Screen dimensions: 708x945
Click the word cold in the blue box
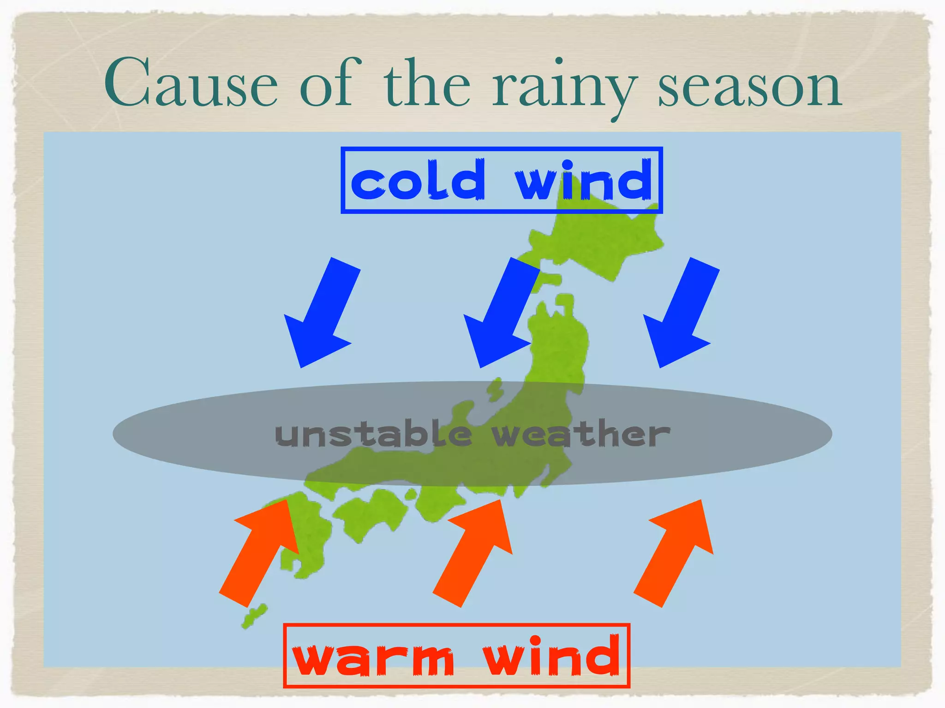[x=418, y=181]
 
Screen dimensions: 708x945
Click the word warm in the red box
[x=374, y=657]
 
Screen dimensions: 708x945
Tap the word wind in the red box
[x=551, y=657]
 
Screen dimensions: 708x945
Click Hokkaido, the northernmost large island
[x=600, y=240]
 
